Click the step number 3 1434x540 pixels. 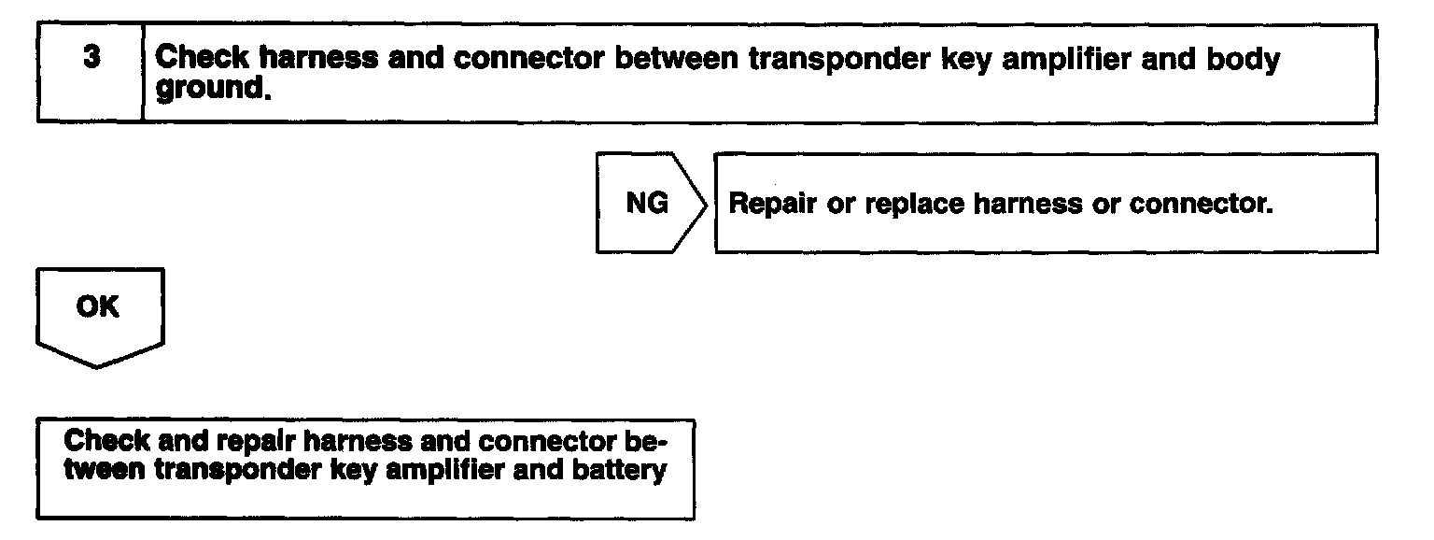click(x=91, y=58)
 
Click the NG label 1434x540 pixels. click(x=647, y=204)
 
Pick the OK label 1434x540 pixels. click(x=97, y=307)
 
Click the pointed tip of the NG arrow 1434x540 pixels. click(x=707, y=204)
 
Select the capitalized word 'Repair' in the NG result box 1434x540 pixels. click(x=772, y=204)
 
